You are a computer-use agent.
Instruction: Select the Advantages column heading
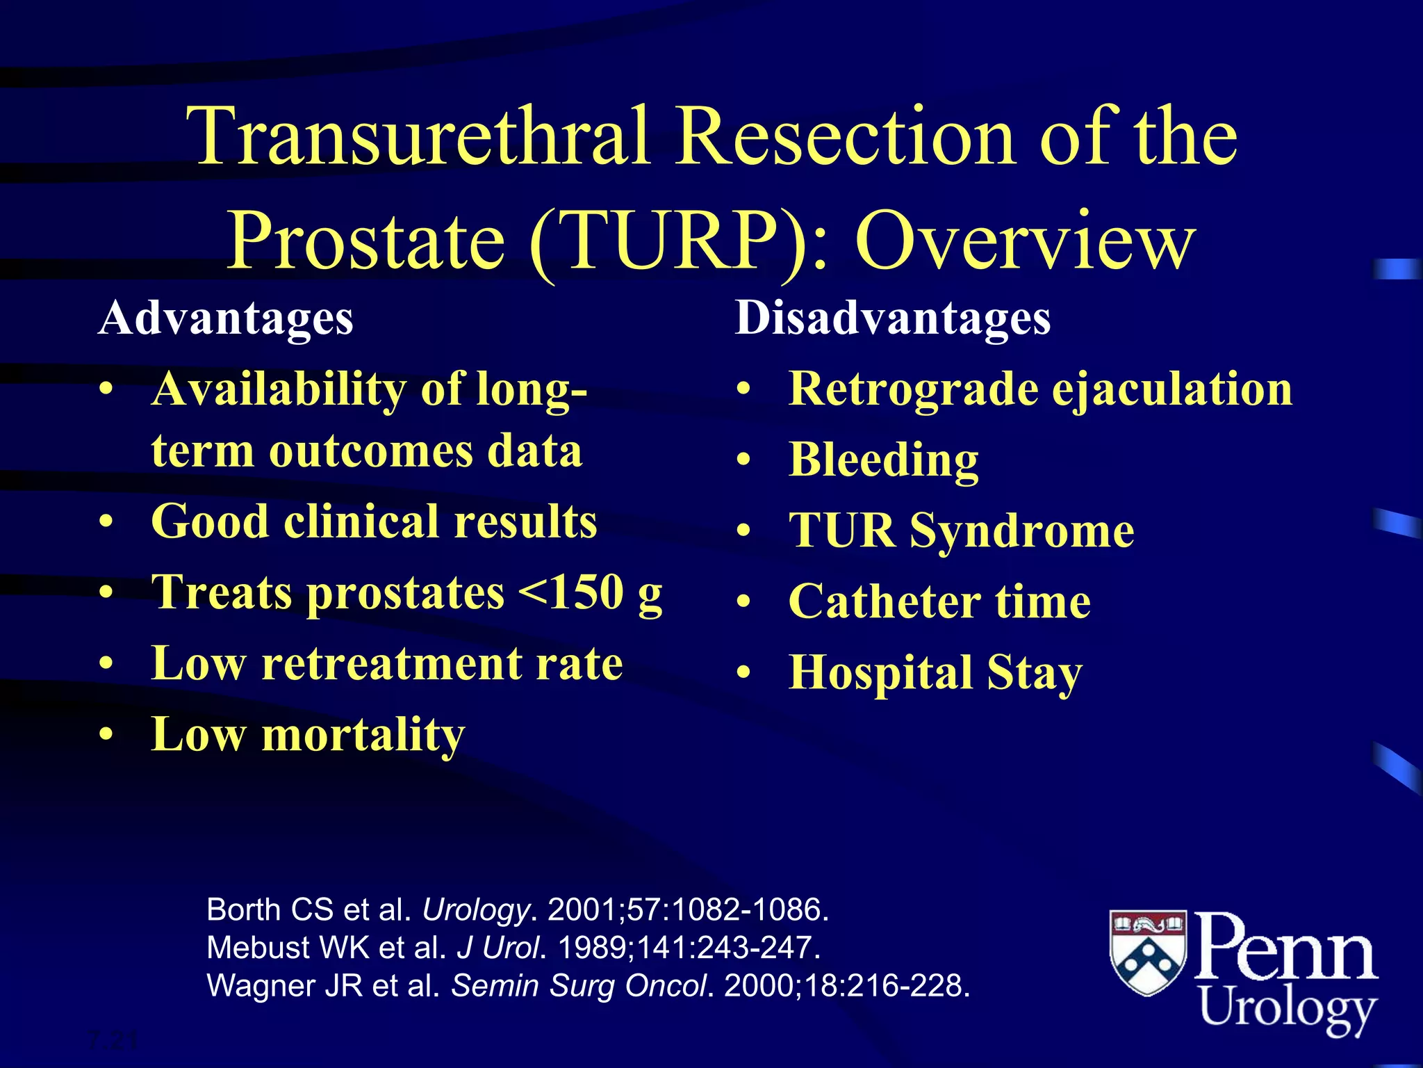click(x=226, y=319)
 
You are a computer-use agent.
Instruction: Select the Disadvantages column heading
click(x=892, y=319)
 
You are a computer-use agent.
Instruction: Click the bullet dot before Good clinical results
click(x=106, y=522)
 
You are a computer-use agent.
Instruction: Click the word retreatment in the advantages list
click(x=388, y=663)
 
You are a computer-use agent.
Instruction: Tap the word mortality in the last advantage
click(x=363, y=734)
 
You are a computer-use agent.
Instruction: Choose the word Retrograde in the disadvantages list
click(x=914, y=389)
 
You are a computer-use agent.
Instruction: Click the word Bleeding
click(x=884, y=460)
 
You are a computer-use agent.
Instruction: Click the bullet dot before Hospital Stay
click(x=744, y=672)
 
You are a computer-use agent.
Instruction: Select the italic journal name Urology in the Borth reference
click(x=476, y=910)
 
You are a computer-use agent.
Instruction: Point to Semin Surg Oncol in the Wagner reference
click(x=579, y=986)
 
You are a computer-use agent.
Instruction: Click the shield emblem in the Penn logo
click(x=1148, y=952)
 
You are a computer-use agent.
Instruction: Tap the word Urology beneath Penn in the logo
click(x=1288, y=1007)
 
